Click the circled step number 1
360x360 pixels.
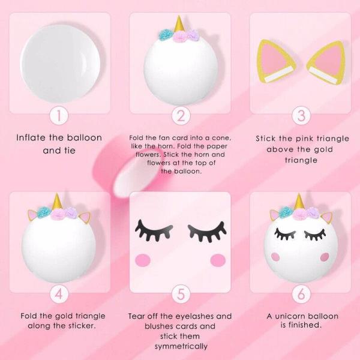[59, 115]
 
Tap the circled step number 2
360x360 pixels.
[181, 115]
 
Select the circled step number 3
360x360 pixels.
[301, 115]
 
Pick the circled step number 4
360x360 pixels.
[59, 294]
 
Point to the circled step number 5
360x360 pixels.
[181, 294]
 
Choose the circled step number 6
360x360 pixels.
[301, 294]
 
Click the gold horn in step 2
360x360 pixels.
[179, 25]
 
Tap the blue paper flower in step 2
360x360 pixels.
[166, 35]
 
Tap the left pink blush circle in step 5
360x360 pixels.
[143, 260]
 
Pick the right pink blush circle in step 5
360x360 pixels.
[218, 260]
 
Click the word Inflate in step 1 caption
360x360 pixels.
[31, 137]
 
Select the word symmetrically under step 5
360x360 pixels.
[181, 346]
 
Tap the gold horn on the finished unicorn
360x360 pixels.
[299, 202]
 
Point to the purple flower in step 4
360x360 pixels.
[70, 213]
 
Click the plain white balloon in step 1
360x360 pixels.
[60, 64]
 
